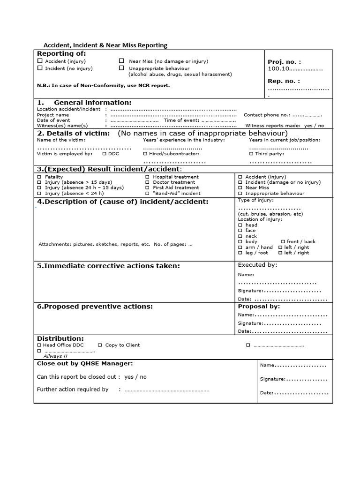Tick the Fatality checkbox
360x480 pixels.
pyautogui.click(x=39, y=177)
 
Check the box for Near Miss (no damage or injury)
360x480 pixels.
pyautogui.click(x=121, y=61)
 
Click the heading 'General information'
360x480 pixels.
pyautogui.click(x=92, y=103)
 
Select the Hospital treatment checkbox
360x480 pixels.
pyautogui.click(x=147, y=177)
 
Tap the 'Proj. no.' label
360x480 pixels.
pyautogui.click(x=284, y=62)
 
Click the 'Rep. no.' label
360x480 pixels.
pyautogui.click(x=284, y=81)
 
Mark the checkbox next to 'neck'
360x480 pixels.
pyautogui.click(x=240, y=236)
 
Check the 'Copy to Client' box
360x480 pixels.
pyautogui.click(x=101, y=345)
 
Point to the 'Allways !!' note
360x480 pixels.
pyautogui.click(x=55, y=356)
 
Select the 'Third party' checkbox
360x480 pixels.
pyautogui.click(x=251, y=154)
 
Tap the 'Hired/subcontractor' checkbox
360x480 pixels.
pyautogui.click(x=145, y=154)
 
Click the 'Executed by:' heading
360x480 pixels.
pyautogui.click(x=257, y=265)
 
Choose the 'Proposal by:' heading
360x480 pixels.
pyautogui.click(x=259, y=307)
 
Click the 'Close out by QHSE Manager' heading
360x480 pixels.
pyautogui.click(x=85, y=363)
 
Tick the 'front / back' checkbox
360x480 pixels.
pyautogui.click(x=283, y=242)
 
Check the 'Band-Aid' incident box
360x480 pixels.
pyautogui.click(x=147, y=193)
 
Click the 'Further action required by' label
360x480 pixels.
pyautogui.click(x=73, y=390)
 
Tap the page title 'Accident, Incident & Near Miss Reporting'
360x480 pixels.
pyautogui.click(x=105, y=45)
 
